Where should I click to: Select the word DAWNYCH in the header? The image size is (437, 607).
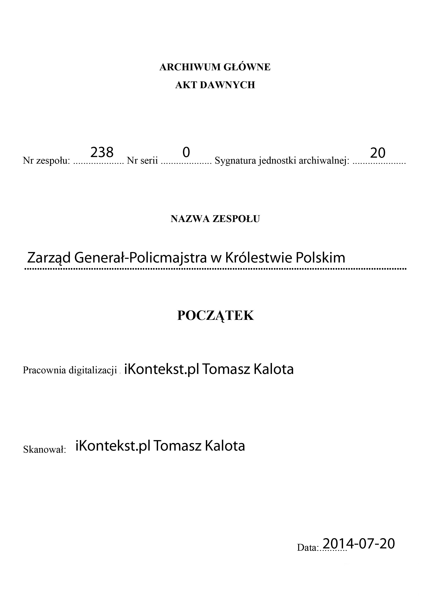pyautogui.click(x=227, y=85)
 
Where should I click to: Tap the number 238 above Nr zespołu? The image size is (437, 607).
pyautogui.click(x=102, y=153)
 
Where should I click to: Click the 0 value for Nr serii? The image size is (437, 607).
pyautogui.click(x=186, y=153)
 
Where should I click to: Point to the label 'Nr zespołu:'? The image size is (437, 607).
pyautogui.click(x=46, y=161)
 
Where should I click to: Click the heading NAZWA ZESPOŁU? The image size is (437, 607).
pyautogui.click(x=215, y=219)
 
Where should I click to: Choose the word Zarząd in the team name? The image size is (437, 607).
pyautogui.click(x=49, y=258)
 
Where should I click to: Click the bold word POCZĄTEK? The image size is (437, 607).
pyautogui.click(x=215, y=316)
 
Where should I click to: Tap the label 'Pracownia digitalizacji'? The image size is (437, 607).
pyautogui.click(x=70, y=370)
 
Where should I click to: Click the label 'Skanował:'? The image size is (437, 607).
pyautogui.click(x=44, y=450)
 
